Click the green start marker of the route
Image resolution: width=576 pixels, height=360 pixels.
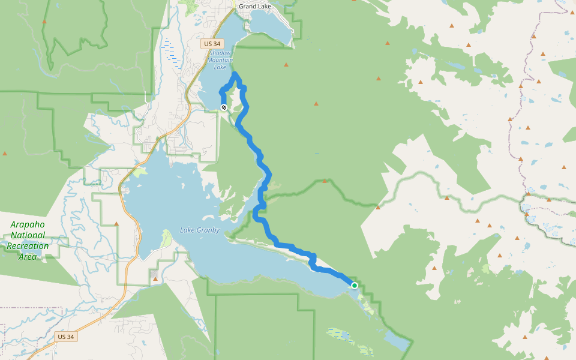pyautogui.click(x=355, y=286)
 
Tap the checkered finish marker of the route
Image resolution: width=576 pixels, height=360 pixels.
pyautogui.click(x=224, y=107)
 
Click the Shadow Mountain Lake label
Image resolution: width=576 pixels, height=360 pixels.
pyautogui.click(x=220, y=60)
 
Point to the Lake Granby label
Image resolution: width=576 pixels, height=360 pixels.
pyautogui.click(x=200, y=230)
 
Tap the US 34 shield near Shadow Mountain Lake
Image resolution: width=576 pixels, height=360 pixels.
pyautogui.click(x=212, y=43)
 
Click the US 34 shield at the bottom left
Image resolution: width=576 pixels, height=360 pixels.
pyautogui.click(x=65, y=337)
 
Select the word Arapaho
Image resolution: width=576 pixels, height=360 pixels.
pyautogui.click(x=28, y=224)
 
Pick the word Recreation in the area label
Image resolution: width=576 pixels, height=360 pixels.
pyautogui.click(x=28, y=246)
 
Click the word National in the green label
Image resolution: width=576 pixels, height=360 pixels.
pyautogui.click(x=28, y=235)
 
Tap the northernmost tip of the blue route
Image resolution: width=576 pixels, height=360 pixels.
pyautogui.click(x=236, y=74)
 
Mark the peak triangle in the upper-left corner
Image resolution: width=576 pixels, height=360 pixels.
pyautogui.click(x=44, y=22)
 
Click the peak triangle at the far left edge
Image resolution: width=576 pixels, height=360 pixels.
pyautogui.click(x=5, y=154)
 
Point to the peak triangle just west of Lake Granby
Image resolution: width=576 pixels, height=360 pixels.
pyautogui.click(x=116, y=224)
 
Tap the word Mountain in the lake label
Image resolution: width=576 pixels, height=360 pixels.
pyautogui.click(x=220, y=60)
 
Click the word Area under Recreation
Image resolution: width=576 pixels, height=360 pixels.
pyautogui.click(x=28, y=257)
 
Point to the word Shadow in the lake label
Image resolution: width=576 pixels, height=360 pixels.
pyautogui.click(x=220, y=53)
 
